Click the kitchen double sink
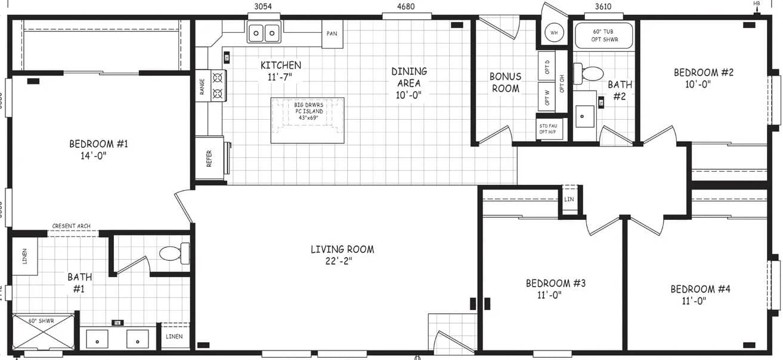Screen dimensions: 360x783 [264, 32]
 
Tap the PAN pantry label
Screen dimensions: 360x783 [332, 34]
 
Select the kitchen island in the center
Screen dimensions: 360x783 [308, 120]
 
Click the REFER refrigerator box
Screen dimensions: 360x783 [210, 158]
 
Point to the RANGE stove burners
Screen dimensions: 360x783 [218, 85]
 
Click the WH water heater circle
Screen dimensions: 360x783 [554, 33]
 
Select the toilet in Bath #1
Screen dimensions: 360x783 [174, 253]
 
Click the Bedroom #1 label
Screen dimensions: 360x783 [98, 149]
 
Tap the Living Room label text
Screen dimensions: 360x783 [342, 255]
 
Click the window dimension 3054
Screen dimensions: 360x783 [263, 7]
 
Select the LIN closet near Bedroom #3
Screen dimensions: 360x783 [569, 199]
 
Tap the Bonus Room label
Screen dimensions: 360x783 [505, 82]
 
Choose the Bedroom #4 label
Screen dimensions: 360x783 [700, 294]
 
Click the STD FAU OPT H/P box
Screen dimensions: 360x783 [549, 129]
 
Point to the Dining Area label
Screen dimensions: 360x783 [409, 82]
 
